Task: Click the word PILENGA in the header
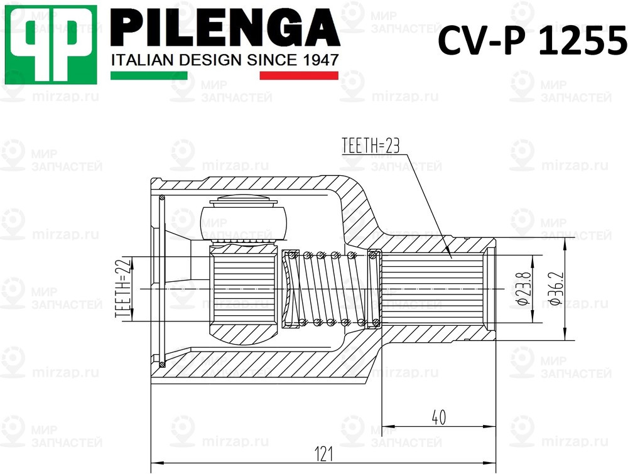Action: coord(225,29)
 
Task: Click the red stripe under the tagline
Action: coord(299,75)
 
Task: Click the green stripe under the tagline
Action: coord(149,75)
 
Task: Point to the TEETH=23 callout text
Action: coord(371,146)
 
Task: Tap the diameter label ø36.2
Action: coord(553,288)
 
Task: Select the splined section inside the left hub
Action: coord(242,289)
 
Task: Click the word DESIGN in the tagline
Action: coord(201,60)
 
